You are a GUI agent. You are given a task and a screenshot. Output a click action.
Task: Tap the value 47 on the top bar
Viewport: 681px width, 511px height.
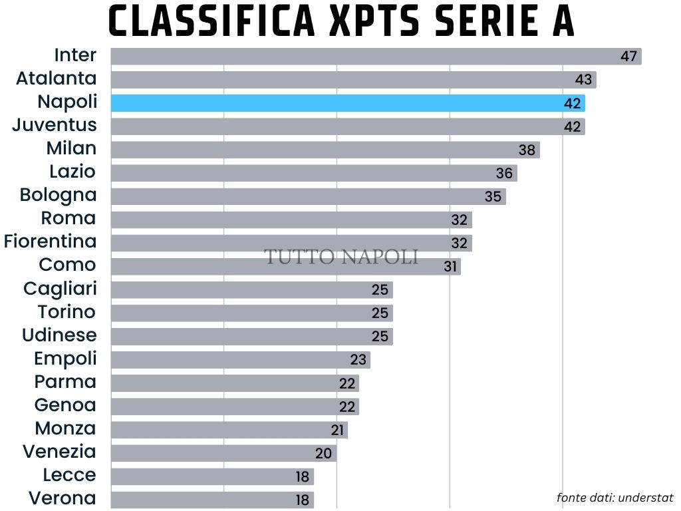tap(629, 56)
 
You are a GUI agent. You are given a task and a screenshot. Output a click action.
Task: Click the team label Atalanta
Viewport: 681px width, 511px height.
tap(57, 79)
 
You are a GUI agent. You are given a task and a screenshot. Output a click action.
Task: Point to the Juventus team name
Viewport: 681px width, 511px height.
tap(55, 125)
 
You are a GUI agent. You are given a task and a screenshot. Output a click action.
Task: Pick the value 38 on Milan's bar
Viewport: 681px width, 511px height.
tap(527, 150)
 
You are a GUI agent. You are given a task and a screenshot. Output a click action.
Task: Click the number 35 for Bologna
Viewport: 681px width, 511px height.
tap(493, 196)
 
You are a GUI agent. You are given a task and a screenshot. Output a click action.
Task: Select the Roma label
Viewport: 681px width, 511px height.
tap(68, 218)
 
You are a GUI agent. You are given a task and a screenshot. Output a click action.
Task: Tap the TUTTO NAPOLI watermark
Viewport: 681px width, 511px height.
tap(342, 257)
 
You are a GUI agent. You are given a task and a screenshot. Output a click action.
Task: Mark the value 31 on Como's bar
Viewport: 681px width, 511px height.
tap(451, 267)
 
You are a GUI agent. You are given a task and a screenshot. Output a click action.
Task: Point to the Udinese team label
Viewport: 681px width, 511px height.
tap(59, 335)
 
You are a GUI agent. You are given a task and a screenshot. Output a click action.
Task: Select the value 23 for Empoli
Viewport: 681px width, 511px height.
tap(358, 360)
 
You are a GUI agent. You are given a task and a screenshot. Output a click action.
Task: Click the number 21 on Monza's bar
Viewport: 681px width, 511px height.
tap(338, 430)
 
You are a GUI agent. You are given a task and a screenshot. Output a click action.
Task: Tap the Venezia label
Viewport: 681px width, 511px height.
tap(59, 452)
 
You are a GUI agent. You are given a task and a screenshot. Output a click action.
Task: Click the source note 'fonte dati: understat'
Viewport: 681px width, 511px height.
tap(615, 498)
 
